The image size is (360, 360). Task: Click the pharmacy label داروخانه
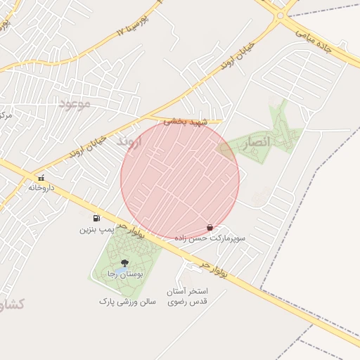pyautogui.click(x=41, y=188)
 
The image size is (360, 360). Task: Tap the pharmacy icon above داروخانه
pyautogui.click(x=41, y=178)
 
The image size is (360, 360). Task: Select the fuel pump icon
pyautogui.click(x=96, y=218)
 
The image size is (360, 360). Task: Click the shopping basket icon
pyautogui.click(x=210, y=227)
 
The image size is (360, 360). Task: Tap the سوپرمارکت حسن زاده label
pyautogui.click(x=210, y=238)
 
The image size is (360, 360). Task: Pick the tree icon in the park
pyautogui.click(x=125, y=262)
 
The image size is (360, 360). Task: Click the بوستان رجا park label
pyautogui.click(x=124, y=274)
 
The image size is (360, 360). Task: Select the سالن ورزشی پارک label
pyautogui.click(x=127, y=301)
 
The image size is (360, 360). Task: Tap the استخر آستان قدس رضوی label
pyautogui.click(x=186, y=296)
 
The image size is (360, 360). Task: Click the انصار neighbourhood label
pyautogui.click(x=257, y=142)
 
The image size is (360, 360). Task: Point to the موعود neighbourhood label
pyautogui.click(x=75, y=104)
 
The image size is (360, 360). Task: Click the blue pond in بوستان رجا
pyautogui.click(x=121, y=271)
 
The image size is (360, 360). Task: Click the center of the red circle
pyautogui.click(x=180, y=180)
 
